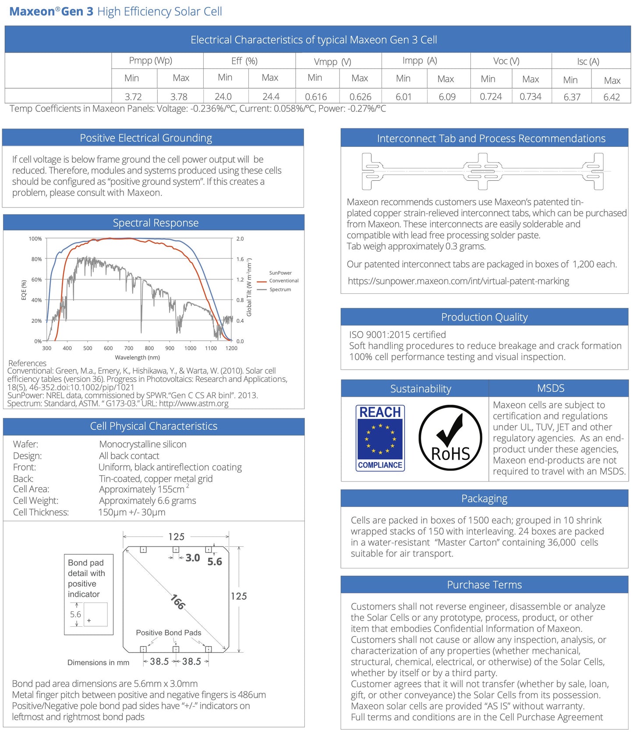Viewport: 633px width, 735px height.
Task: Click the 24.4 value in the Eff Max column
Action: coord(271,96)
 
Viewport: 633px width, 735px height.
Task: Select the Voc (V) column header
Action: coord(506,61)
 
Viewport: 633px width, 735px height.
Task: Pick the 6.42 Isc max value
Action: coord(611,97)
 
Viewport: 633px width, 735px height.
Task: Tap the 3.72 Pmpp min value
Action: coord(133,96)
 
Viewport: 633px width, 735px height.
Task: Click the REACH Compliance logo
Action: coord(380,438)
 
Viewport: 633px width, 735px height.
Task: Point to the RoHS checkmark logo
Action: coord(450,438)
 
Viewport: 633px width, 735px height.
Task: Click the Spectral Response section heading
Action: coord(156,223)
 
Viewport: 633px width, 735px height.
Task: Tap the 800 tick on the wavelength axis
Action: coord(149,348)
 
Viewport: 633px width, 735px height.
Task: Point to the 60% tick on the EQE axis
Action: coord(36,279)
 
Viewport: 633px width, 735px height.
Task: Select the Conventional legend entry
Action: coord(283,281)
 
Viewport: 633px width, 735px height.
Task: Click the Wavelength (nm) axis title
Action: coord(137,357)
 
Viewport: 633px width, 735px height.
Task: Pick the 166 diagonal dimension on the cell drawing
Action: coord(177,602)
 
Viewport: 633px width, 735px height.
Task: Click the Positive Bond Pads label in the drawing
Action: coord(168,632)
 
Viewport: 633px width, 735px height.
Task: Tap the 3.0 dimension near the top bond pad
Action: coord(192,558)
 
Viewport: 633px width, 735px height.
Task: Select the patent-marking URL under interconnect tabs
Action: coord(458,281)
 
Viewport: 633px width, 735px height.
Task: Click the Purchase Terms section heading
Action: coord(484,585)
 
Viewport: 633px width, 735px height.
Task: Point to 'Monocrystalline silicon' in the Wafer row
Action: coord(142,444)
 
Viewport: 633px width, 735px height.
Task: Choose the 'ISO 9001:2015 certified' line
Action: coord(397,335)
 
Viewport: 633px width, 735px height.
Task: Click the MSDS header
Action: coord(550,388)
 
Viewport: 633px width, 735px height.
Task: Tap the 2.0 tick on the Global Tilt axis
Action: coord(240,239)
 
